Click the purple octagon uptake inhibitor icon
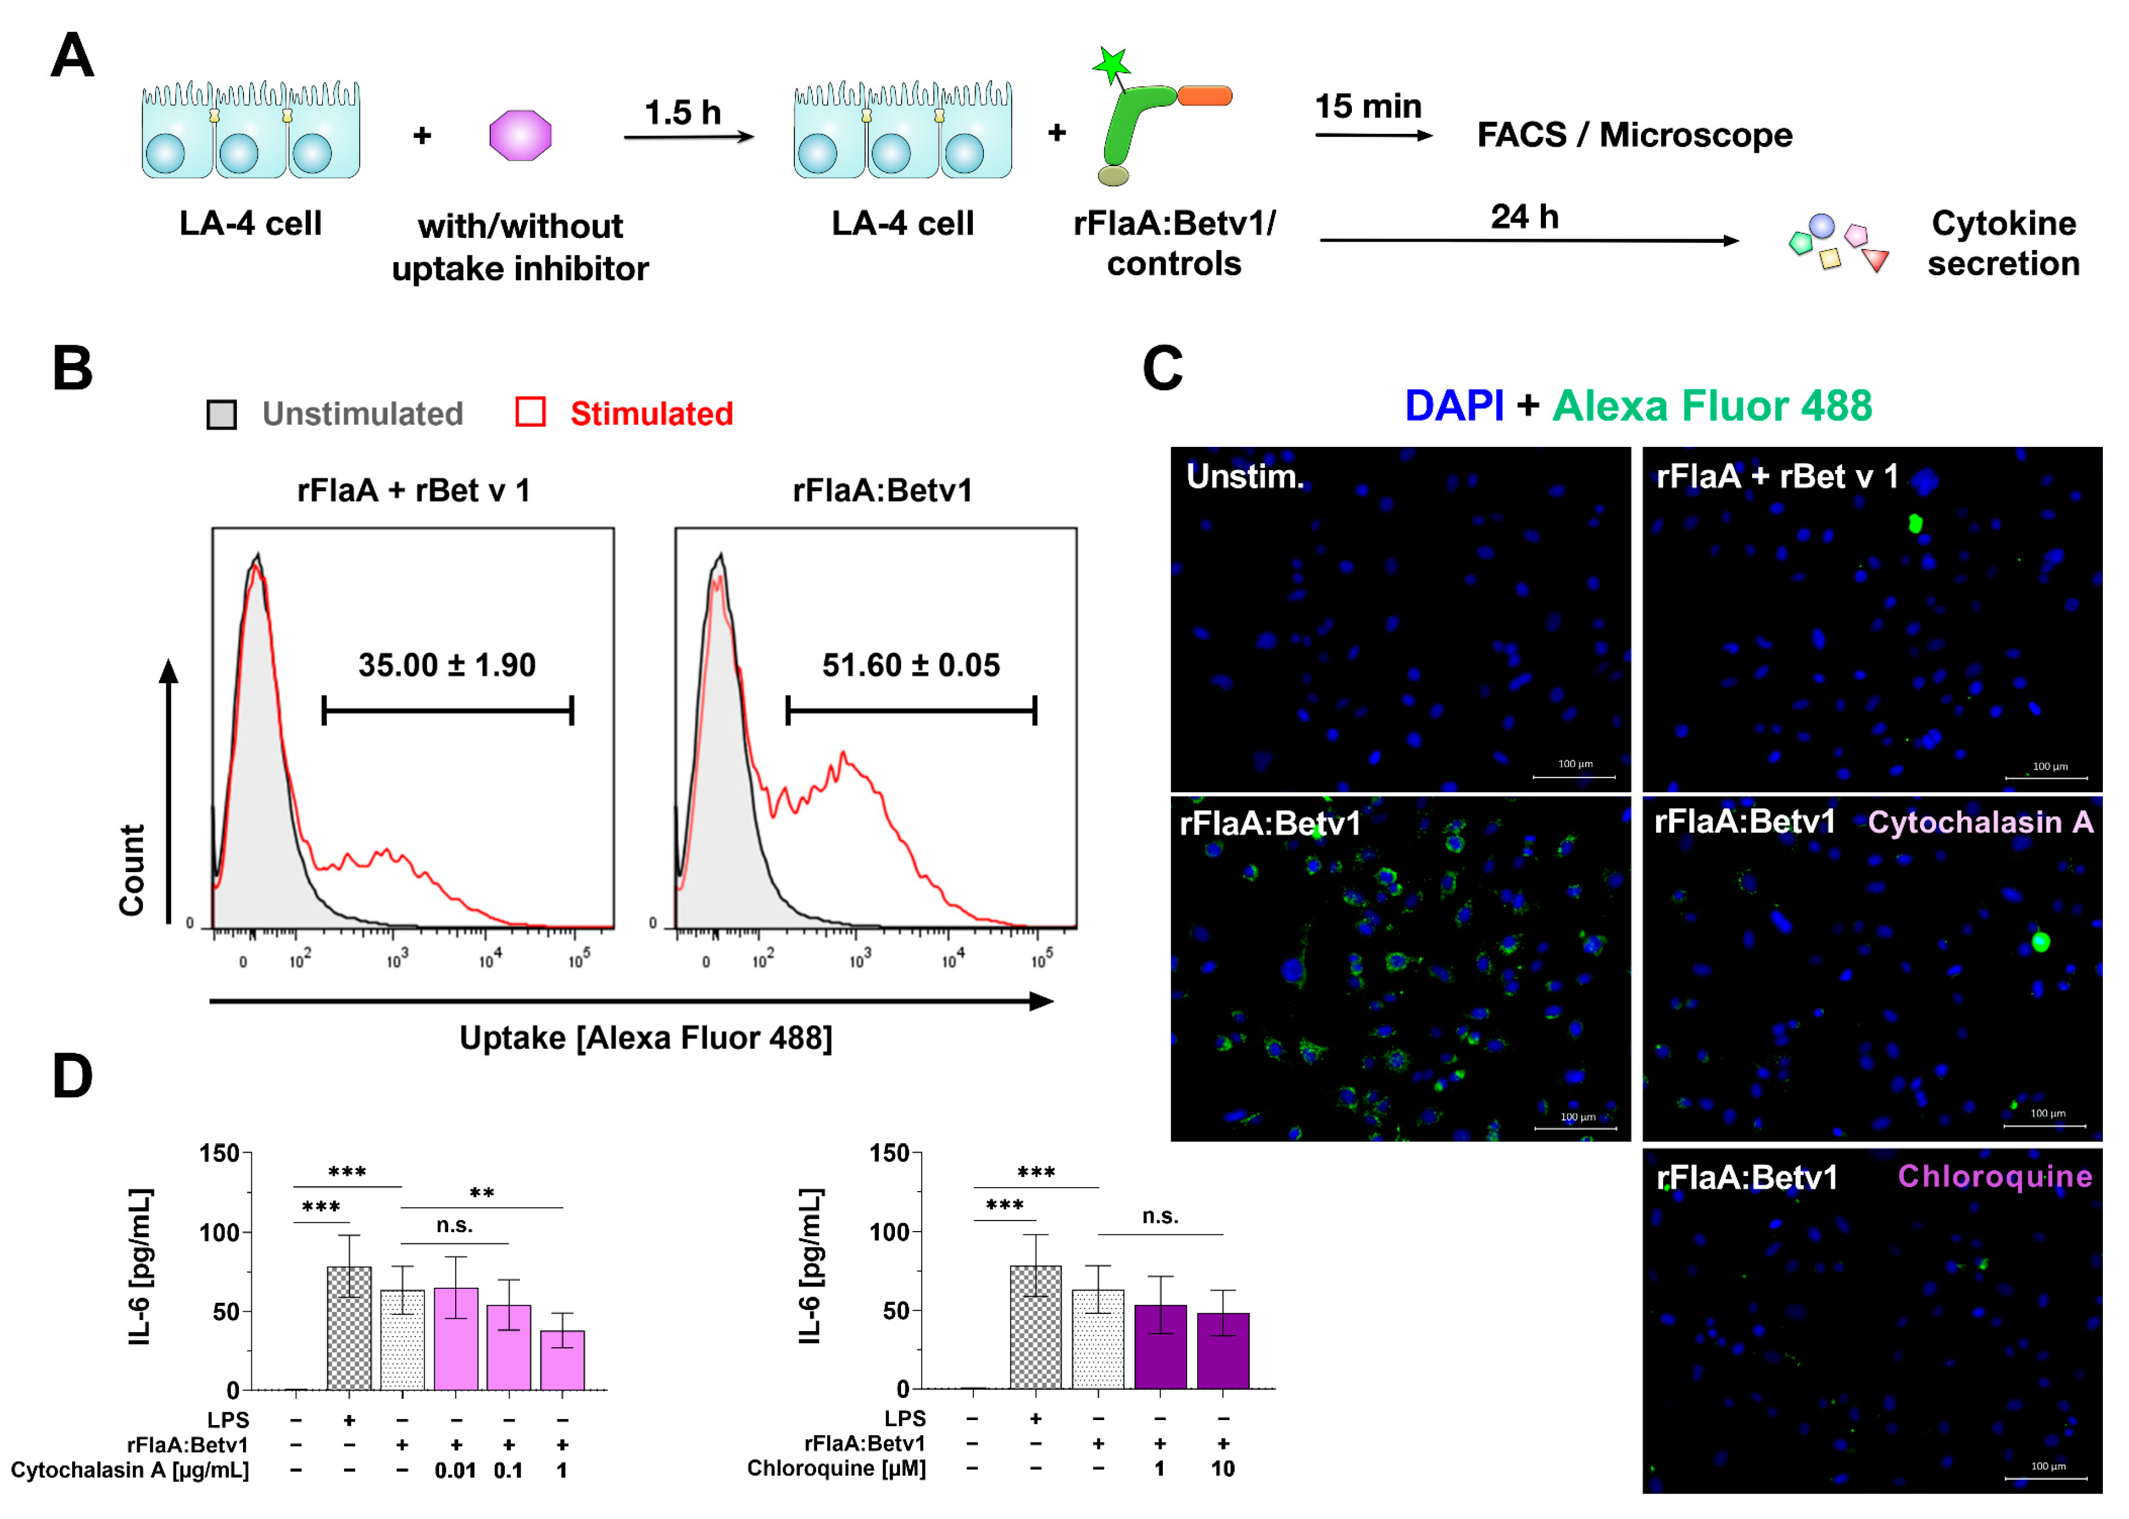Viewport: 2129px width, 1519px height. (x=520, y=136)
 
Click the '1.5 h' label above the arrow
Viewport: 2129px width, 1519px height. (x=682, y=112)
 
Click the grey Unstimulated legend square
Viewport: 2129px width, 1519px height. (x=222, y=415)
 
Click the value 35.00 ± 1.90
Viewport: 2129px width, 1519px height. (x=446, y=665)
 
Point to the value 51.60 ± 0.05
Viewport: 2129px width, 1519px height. (x=910, y=665)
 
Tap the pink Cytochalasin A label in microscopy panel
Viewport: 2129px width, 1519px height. (x=1979, y=822)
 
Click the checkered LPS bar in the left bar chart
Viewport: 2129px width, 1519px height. (x=349, y=1328)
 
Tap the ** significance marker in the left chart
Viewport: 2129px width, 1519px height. (x=482, y=1193)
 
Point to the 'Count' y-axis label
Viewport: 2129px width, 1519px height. (x=132, y=870)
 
